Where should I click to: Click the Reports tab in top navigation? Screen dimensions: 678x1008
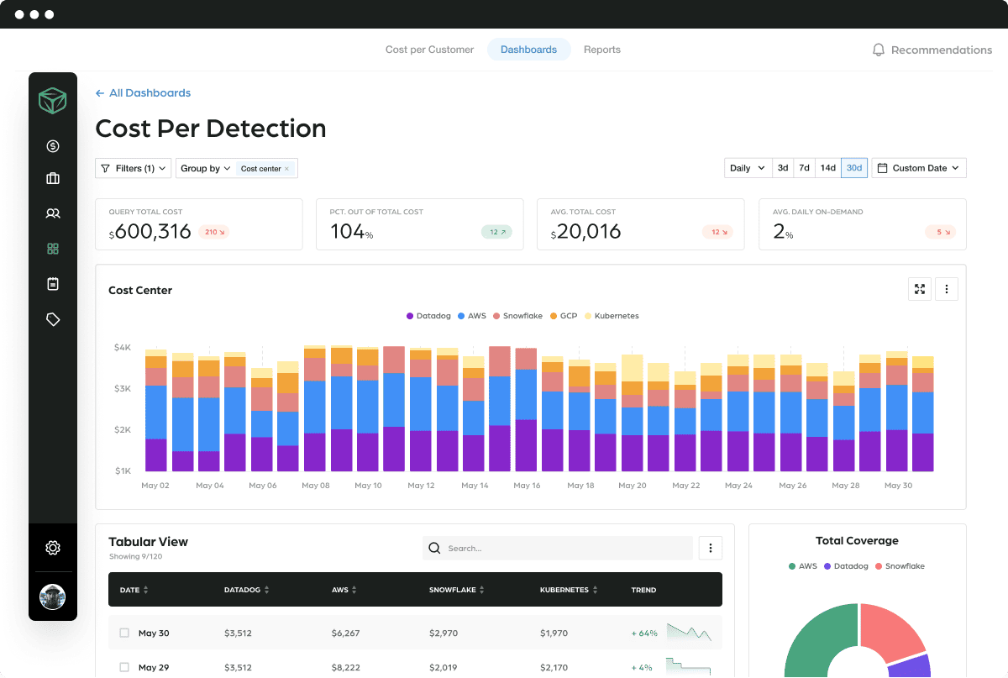(x=601, y=50)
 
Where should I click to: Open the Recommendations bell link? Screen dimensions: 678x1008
(x=932, y=50)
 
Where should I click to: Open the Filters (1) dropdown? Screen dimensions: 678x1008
(x=133, y=168)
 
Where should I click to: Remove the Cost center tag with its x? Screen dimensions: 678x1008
(x=286, y=169)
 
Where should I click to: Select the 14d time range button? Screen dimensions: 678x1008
(x=827, y=168)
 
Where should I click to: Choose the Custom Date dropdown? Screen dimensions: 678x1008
(x=919, y=168)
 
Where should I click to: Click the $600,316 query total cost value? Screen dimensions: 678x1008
(x=152, y=232)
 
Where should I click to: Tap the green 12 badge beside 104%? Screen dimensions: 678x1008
(x=496, y=232)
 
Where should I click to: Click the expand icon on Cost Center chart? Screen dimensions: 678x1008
(x=920, y=289)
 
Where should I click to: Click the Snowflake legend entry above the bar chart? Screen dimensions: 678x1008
(x=517, y=316)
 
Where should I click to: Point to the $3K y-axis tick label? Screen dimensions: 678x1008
(x=122, y=388)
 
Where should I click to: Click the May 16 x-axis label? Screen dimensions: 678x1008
(x=527, y=486)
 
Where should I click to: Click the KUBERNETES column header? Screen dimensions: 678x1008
(x=564, y=590)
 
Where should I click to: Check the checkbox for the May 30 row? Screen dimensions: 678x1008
(x=124, y=633)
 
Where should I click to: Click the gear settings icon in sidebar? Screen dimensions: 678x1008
(x=53, y=548)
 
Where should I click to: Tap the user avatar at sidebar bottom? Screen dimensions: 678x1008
(x=53, y=597)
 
